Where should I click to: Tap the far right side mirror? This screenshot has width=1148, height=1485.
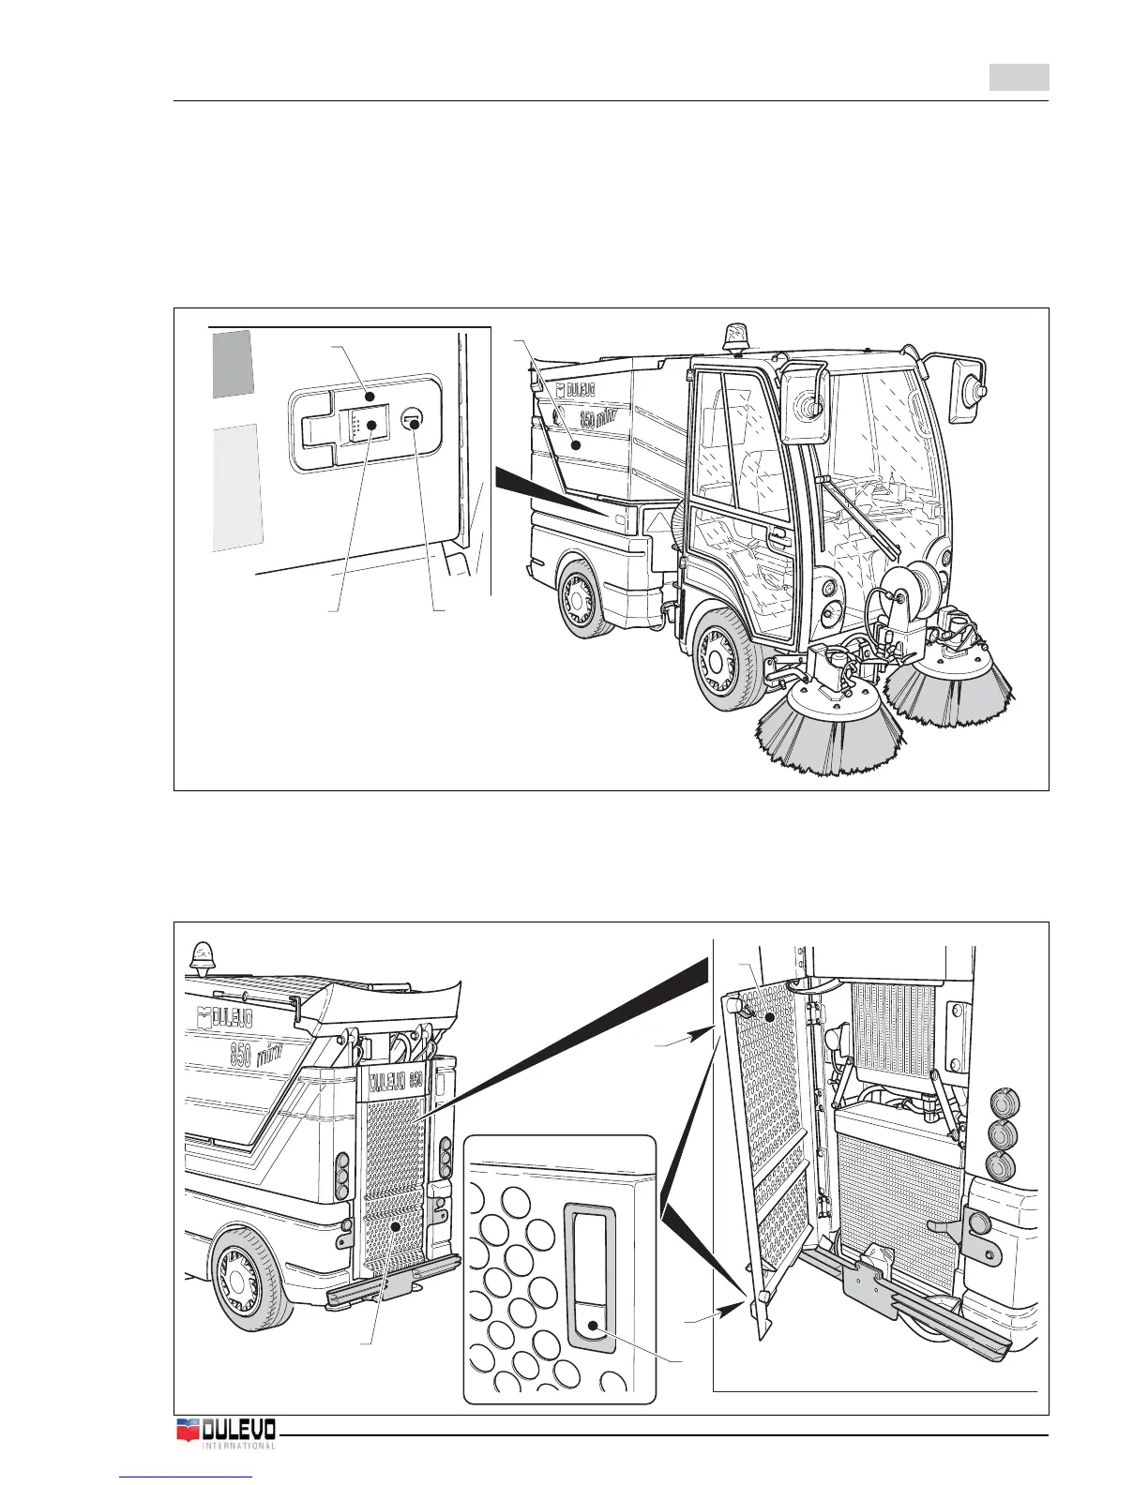pyautogui.click(x=970, y=382)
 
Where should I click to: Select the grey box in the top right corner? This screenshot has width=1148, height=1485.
pyautogui.click(x=1019, y=77)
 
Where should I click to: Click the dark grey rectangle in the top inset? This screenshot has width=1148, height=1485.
pyautogui.click(x=232, y=363)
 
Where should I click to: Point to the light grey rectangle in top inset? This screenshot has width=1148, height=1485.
pyautogui.click(x=238, y=486)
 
